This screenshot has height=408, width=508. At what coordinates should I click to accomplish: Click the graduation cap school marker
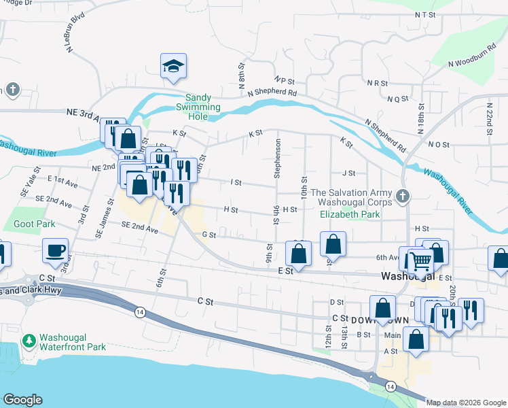coord(174,67)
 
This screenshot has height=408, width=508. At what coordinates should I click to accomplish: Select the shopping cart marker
coord(420,259)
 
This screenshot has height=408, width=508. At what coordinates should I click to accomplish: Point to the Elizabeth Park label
coord(350,214)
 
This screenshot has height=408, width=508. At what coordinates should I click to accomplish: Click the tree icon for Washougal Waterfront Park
coord(29,339)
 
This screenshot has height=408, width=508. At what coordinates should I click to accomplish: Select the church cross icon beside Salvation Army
coord(403,197)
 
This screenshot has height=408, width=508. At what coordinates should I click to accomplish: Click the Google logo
coord(22,400)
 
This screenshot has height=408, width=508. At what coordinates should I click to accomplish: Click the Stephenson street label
coord(277,158)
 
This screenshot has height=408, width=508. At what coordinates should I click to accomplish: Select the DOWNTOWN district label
coord(370,319)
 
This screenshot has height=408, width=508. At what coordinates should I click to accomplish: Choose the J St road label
coord(349,173)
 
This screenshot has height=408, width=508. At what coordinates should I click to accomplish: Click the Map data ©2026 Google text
coord(466,403)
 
